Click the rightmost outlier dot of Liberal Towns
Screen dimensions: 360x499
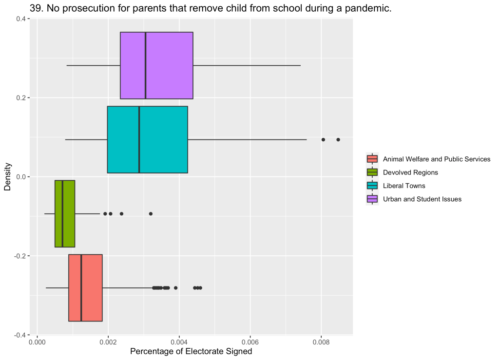(x=338, y=139)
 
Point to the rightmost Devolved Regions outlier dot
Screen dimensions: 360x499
(x=151, y=213)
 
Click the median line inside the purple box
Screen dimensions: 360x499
(x=145, y=65)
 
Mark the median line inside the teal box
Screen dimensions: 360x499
(x=139, y=139)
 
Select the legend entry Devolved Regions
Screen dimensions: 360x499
(x=410, y=172)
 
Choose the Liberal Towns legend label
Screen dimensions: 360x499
(x=404, y=186)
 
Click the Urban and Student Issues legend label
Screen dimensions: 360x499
(x=422, y=199)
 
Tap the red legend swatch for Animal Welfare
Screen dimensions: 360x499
(x=372, y=159)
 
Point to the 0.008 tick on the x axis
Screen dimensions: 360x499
(x=321, y=342)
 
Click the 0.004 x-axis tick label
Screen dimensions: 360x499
(x=179, y=342)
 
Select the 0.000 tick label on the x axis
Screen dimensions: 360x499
(x=37, y=342)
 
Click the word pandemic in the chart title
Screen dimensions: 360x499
(x=369, y=8)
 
